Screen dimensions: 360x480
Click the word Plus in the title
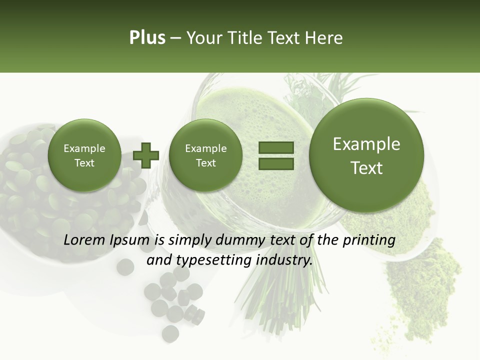[147, 38]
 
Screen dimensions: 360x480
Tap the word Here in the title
[324, 38]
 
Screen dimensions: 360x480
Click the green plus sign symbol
[146, 155]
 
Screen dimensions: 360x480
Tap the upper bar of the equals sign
[276, 148]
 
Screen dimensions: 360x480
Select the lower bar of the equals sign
[276, 163]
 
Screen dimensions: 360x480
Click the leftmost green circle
[84, 155]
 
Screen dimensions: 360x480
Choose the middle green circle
[205, 155]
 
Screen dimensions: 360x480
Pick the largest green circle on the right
[366, 155]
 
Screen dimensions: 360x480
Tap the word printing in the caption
[369, 241]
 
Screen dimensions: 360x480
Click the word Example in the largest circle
[366, 144]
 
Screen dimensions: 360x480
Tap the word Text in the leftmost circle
[84, 163]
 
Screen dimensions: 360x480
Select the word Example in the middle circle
[205, 148]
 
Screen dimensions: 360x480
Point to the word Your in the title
[202, 38]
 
